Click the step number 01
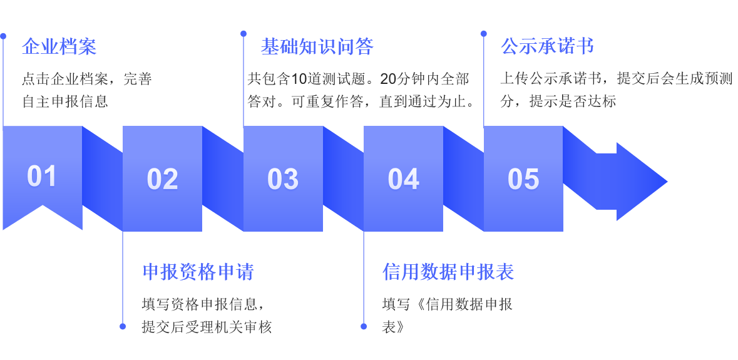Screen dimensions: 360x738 [42, 177]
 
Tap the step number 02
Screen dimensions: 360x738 [162, 180]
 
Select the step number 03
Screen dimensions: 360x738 [283, 180]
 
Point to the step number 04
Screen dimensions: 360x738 [403, 180]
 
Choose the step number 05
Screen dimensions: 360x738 [523, 180]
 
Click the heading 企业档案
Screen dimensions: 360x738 [59, 46]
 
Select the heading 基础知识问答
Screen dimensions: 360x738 [317, 46]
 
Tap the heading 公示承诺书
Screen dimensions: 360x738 [547, 46]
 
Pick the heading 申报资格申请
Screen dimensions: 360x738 [198, 272]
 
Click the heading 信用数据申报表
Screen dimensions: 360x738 [448, 272]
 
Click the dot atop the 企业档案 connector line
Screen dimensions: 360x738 [3, 36]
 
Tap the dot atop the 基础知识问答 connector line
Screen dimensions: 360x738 [243, 34]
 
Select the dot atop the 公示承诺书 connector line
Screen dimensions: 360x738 [484, 34]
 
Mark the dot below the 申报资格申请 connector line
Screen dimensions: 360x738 [123, 326]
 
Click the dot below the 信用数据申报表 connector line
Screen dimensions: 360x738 [364, 326]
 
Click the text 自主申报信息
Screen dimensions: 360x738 [65, 101]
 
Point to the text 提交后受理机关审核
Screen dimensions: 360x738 [207, 327]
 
